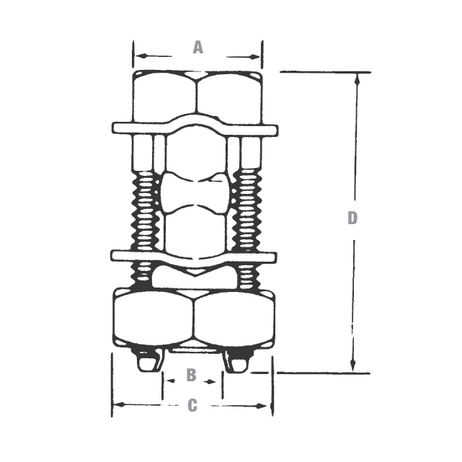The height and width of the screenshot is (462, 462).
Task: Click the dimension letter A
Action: (x=197, y=48)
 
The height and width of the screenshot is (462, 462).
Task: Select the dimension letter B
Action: (x=191, y=376)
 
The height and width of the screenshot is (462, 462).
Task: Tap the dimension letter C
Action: (x=192, y=406)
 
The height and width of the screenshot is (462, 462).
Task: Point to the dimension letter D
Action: (x=352, y=218)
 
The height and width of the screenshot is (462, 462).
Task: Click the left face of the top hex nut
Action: (x=165, y=97)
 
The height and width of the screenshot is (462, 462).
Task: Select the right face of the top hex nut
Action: (x=228, y=97)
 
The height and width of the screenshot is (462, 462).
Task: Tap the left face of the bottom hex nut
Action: (x=154, y=318)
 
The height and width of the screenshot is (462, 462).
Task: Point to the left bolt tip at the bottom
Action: (x=150, y=362)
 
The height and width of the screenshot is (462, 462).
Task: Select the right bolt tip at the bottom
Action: (x=238, y=362)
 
